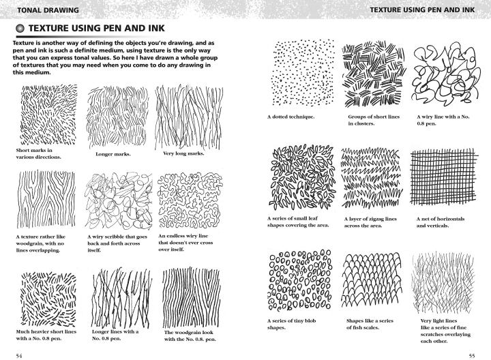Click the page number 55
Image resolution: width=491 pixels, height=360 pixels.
[x=471, y=355]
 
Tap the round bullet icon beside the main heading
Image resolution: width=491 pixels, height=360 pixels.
[x=20, y=29]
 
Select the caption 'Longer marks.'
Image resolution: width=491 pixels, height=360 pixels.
[x=113, y=154]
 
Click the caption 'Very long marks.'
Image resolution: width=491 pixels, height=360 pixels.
[x=183, y=153]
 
